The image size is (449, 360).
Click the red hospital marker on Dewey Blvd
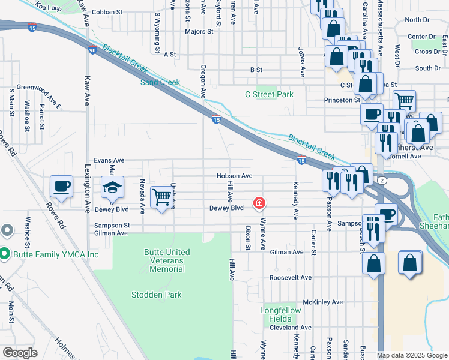pyautogui.click(x=259, y=203)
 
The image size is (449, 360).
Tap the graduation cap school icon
pyautogui.click(x=112, y=188)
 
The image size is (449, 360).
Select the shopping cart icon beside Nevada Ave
pyautogui.click(x=161, y=196)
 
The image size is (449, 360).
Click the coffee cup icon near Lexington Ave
pyautogui.click(x=61, y=186)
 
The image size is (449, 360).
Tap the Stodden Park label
pyautogui.click(x=156, y=295)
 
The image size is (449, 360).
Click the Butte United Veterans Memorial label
pyautogui.click(x=167, y=260)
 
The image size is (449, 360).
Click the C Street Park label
pyautogui.click(x=269, y=94)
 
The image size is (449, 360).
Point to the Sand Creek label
pyautogui.click(x=160, y=82)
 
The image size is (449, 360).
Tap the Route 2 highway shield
pyautogui.click(x=382, y=180)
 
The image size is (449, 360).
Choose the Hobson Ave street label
pyautogui.click(x=235, y=176)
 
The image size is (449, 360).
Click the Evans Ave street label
pyautogui.click(x=109, y=160)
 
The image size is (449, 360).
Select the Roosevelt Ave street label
pyautogui.click(x=291, y=278)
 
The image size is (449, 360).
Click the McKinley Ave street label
pyautogui.click(x=322, y=302)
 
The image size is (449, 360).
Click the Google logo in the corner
pyautogui.click(x=20, y=352)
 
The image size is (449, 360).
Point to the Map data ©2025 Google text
pyautogui.click(x=411, y=355)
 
